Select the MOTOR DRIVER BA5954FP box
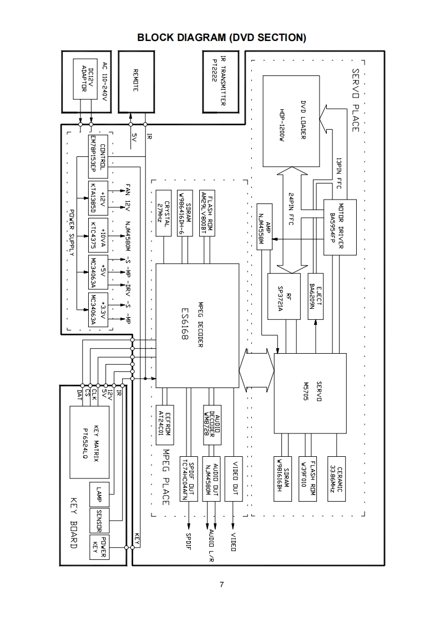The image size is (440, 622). [x=340, y=226]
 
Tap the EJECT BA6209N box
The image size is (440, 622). [x=315, y=296]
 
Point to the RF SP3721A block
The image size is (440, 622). [x=284, y=296]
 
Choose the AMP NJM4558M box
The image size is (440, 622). [x=266, y=226]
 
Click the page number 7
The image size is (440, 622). [x=221, y=585]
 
